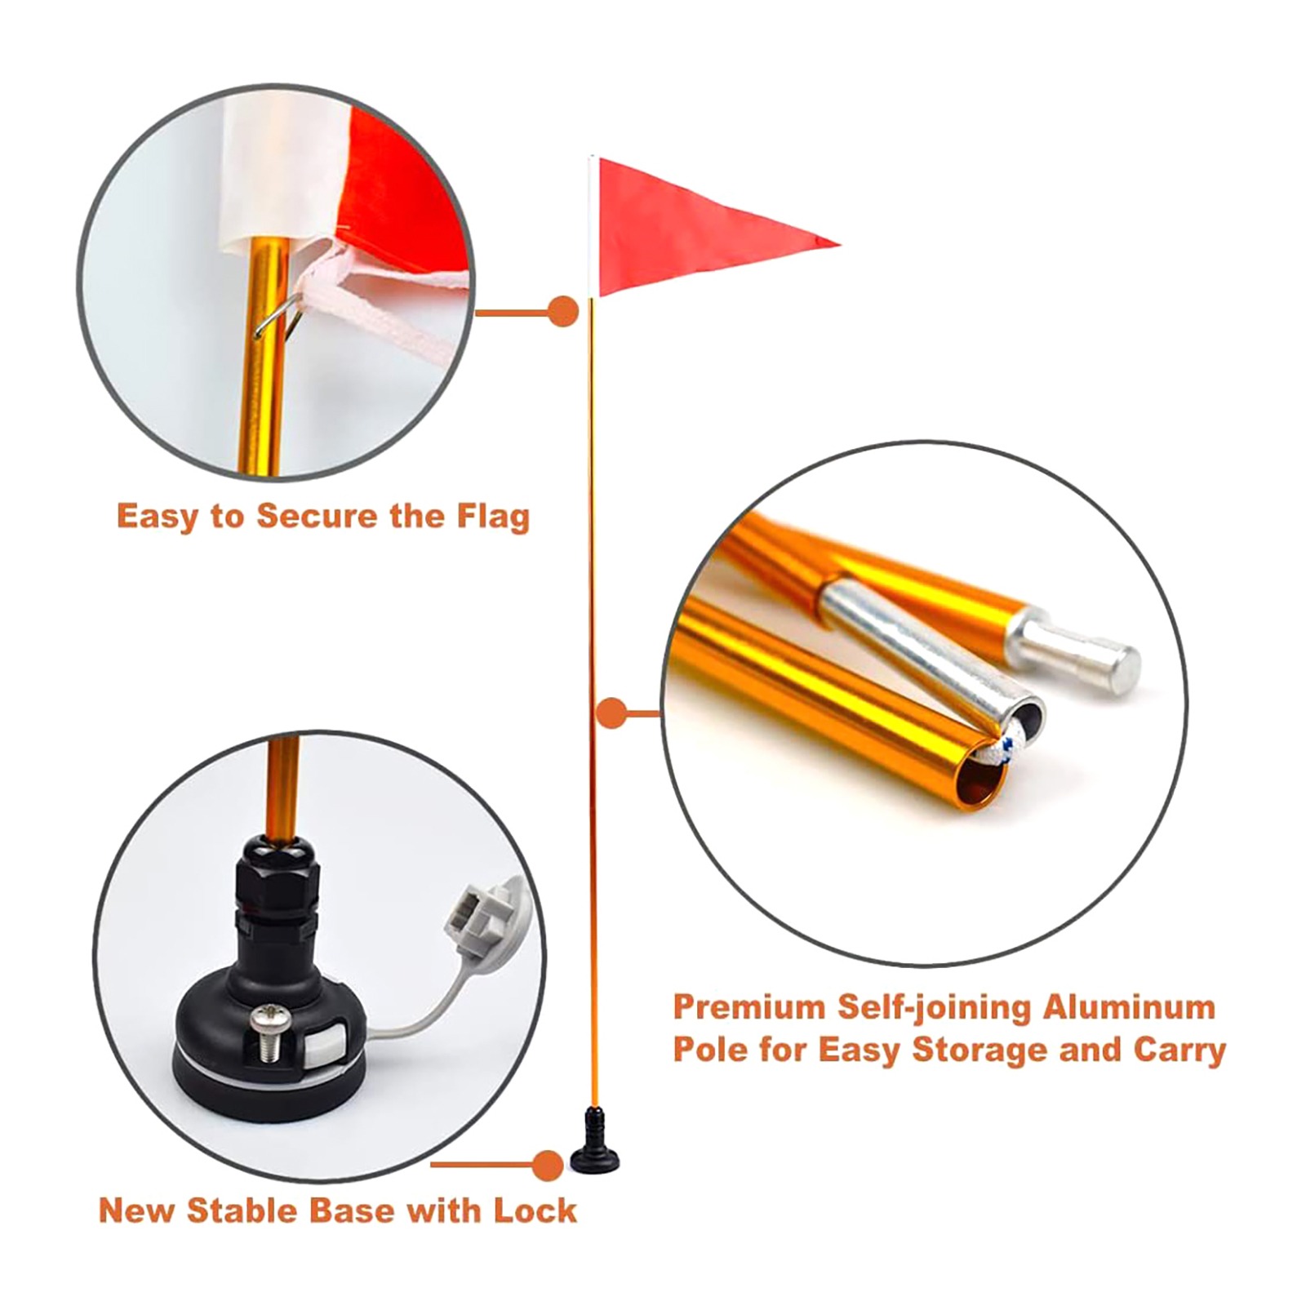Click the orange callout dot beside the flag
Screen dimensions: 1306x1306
click(x=563, y=312)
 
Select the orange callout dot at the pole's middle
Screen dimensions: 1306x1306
click(x=611, y=713)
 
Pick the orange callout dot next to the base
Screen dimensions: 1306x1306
click(x=547, y=1165)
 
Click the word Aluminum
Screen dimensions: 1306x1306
click(x=1130, y=1006)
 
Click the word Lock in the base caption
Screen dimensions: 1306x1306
click(x=535, y=1210)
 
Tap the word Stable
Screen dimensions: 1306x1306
click(x=233, y=1210)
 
